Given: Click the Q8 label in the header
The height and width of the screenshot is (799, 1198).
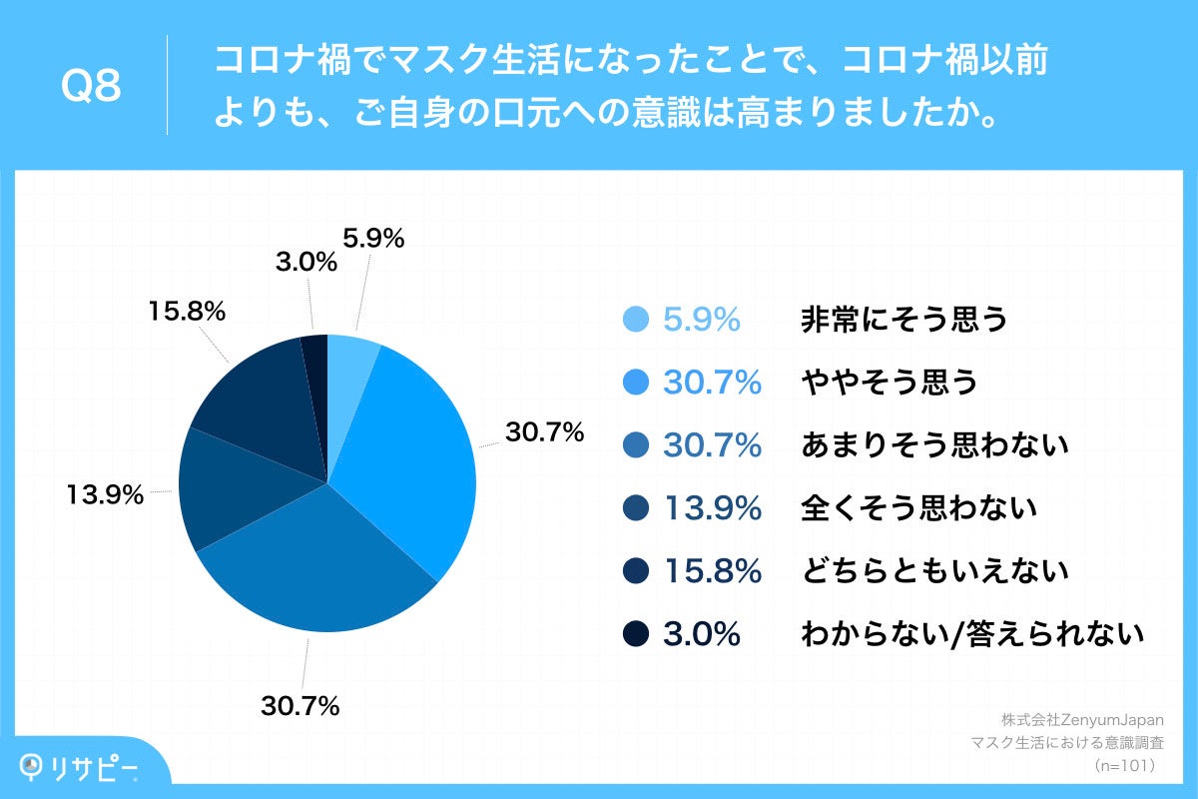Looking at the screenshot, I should pos(91,87).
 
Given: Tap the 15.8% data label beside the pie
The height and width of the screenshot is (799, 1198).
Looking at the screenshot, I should pos(187,311).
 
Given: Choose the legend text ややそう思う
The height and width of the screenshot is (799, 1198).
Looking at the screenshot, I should pos(889,383).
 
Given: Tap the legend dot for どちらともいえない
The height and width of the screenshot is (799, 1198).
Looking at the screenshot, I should pos(636,571).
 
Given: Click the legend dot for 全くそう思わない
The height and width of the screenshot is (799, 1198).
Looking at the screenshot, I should pos(636,508).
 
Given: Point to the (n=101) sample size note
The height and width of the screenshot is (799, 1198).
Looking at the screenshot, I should pos(1124,766).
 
